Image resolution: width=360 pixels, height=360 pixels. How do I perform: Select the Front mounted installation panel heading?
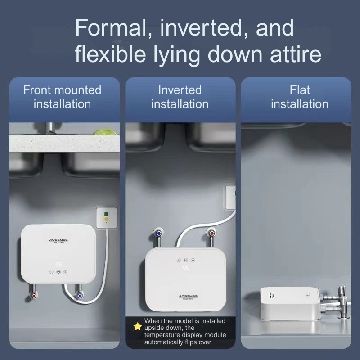62,97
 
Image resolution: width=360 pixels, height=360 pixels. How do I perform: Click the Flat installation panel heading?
299,97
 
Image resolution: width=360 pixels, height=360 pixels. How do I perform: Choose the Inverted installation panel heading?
180,97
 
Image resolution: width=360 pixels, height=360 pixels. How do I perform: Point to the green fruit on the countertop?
100,133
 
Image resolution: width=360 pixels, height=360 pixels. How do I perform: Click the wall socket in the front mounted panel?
105,216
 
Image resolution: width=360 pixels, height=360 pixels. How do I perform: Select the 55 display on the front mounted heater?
58,264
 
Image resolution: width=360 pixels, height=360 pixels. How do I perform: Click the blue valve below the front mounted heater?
79,296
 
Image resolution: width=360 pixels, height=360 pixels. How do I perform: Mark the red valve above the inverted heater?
211,233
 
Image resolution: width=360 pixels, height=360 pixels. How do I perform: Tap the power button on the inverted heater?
185,260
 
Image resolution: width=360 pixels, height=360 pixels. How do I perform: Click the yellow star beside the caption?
137,326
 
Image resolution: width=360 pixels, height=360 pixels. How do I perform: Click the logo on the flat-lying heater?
265,296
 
